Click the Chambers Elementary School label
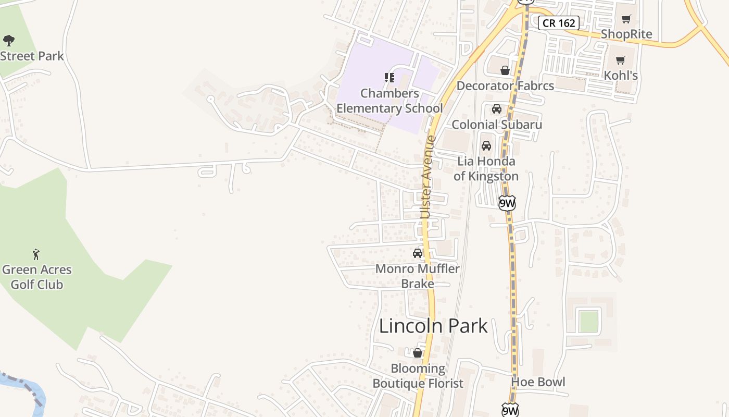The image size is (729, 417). (x=389, y=101)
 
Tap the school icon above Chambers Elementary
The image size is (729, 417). (x=389, y=78)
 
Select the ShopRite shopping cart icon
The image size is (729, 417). (x=626, y=19)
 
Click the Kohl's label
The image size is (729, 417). (x=621, y=76)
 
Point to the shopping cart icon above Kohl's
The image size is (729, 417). (x=621, y=60)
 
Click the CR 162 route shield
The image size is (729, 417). (x=559, y=23)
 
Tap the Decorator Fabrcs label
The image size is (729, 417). (x=505, y=85)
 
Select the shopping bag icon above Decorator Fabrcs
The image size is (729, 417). (x=505, y=70)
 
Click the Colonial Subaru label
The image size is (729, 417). (x=497, y=125)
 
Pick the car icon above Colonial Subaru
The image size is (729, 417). (x=497, y=109)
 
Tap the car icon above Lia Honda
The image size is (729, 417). (x=486, y=146)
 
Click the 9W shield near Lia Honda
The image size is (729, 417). (x=507, y=203)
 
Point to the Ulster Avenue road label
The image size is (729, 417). (x=427, y=177)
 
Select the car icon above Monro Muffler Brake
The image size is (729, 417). (x=418, y=253)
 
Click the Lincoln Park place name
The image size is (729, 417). (x=433, y=326)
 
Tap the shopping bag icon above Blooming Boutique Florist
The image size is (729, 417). (x=417, y=353)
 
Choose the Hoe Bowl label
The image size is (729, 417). (x=538, y=382)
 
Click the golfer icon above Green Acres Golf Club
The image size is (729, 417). (x=36, y=254)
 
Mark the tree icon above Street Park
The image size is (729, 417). (x=9, y=41)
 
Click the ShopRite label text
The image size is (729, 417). (x=626, y=34)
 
